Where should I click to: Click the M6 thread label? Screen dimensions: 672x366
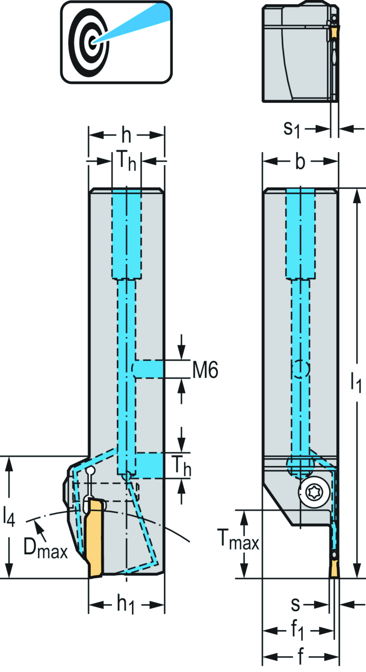coord(205,370)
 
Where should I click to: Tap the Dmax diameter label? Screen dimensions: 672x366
coord(45,548)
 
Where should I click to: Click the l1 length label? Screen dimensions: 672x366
coord(356,382)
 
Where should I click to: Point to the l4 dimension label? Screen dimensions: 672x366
coord(9,516)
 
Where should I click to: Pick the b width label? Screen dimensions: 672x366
coord(300,162)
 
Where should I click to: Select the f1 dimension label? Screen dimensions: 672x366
coord(297,630)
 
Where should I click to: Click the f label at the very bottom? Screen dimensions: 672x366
coord(301,657)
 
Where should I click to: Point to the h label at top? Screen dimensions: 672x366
coord(126,135)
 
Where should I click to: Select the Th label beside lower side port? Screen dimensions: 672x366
coord(181,466)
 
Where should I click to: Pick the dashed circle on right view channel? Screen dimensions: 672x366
coord(301,368)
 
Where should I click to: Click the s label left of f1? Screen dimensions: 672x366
coord(295,604)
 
